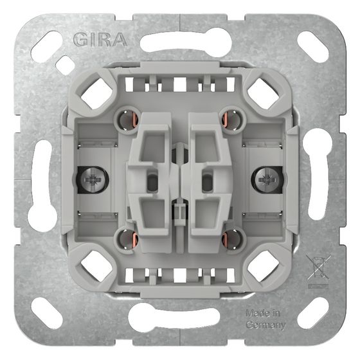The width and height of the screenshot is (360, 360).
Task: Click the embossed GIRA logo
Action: pyautogui.click(x=100, y=40)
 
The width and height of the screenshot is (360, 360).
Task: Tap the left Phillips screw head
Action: pyautogui.click(x=93, y=179)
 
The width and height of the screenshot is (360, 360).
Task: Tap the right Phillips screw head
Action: pyautogui.click(x=267, y=179)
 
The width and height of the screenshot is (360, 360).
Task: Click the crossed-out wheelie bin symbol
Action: pyautogui.click(x=318, y=271)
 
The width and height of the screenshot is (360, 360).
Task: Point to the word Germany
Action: pyautogui.click(x=265, y=325)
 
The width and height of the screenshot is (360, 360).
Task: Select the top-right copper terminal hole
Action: pyautogui.click(x=233, y=120)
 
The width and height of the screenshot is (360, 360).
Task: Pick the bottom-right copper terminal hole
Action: pyautogui.click(x=233, y=240)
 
